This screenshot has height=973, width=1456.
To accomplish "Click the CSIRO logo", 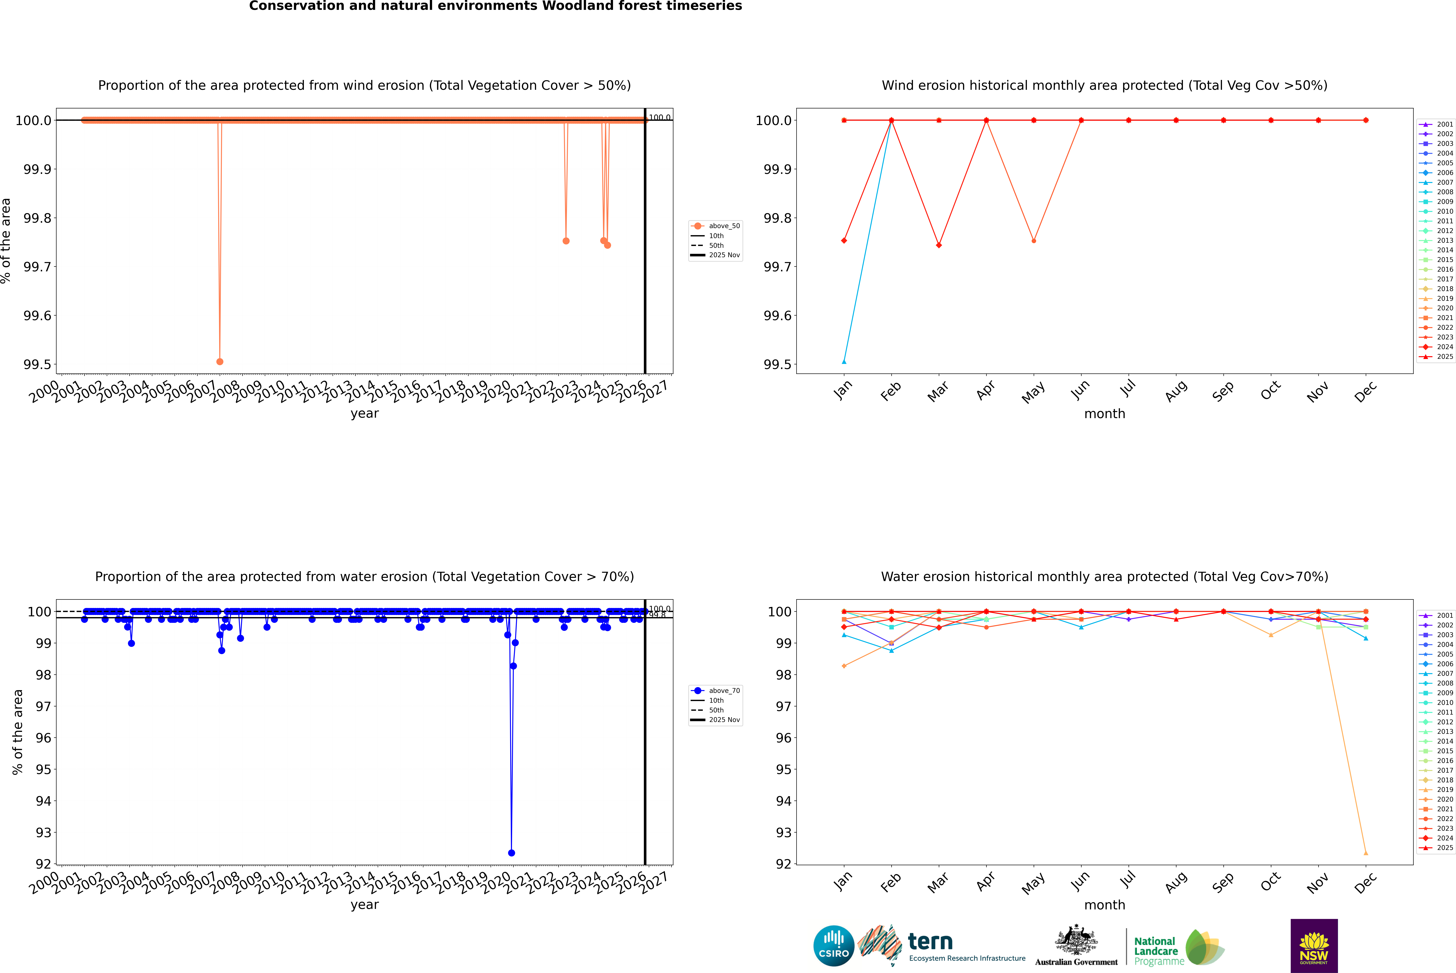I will click(834, 946).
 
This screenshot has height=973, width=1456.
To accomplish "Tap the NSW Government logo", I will click(1314, 946).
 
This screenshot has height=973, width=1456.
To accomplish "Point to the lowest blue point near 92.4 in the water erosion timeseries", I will click(511, 853).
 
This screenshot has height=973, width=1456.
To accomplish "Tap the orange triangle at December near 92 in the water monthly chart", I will click(1365, 853).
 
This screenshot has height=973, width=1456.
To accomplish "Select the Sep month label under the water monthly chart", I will click(1223, 882).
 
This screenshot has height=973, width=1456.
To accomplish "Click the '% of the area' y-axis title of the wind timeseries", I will click(6, 241).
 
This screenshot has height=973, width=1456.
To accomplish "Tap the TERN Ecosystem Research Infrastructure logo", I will click(943, 946).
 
